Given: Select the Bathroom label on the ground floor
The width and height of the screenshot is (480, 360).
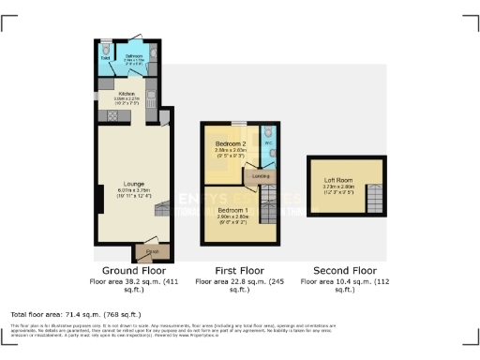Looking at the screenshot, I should [134, 56].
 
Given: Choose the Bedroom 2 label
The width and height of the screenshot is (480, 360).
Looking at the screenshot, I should [230, 142].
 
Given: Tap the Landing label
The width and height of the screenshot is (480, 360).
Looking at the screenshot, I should [261, 175].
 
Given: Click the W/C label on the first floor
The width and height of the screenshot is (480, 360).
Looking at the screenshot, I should [268, 143].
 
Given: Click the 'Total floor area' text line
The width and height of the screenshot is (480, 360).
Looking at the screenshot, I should [75, 313].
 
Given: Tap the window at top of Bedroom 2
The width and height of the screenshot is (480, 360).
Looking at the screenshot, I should [240, 124].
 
